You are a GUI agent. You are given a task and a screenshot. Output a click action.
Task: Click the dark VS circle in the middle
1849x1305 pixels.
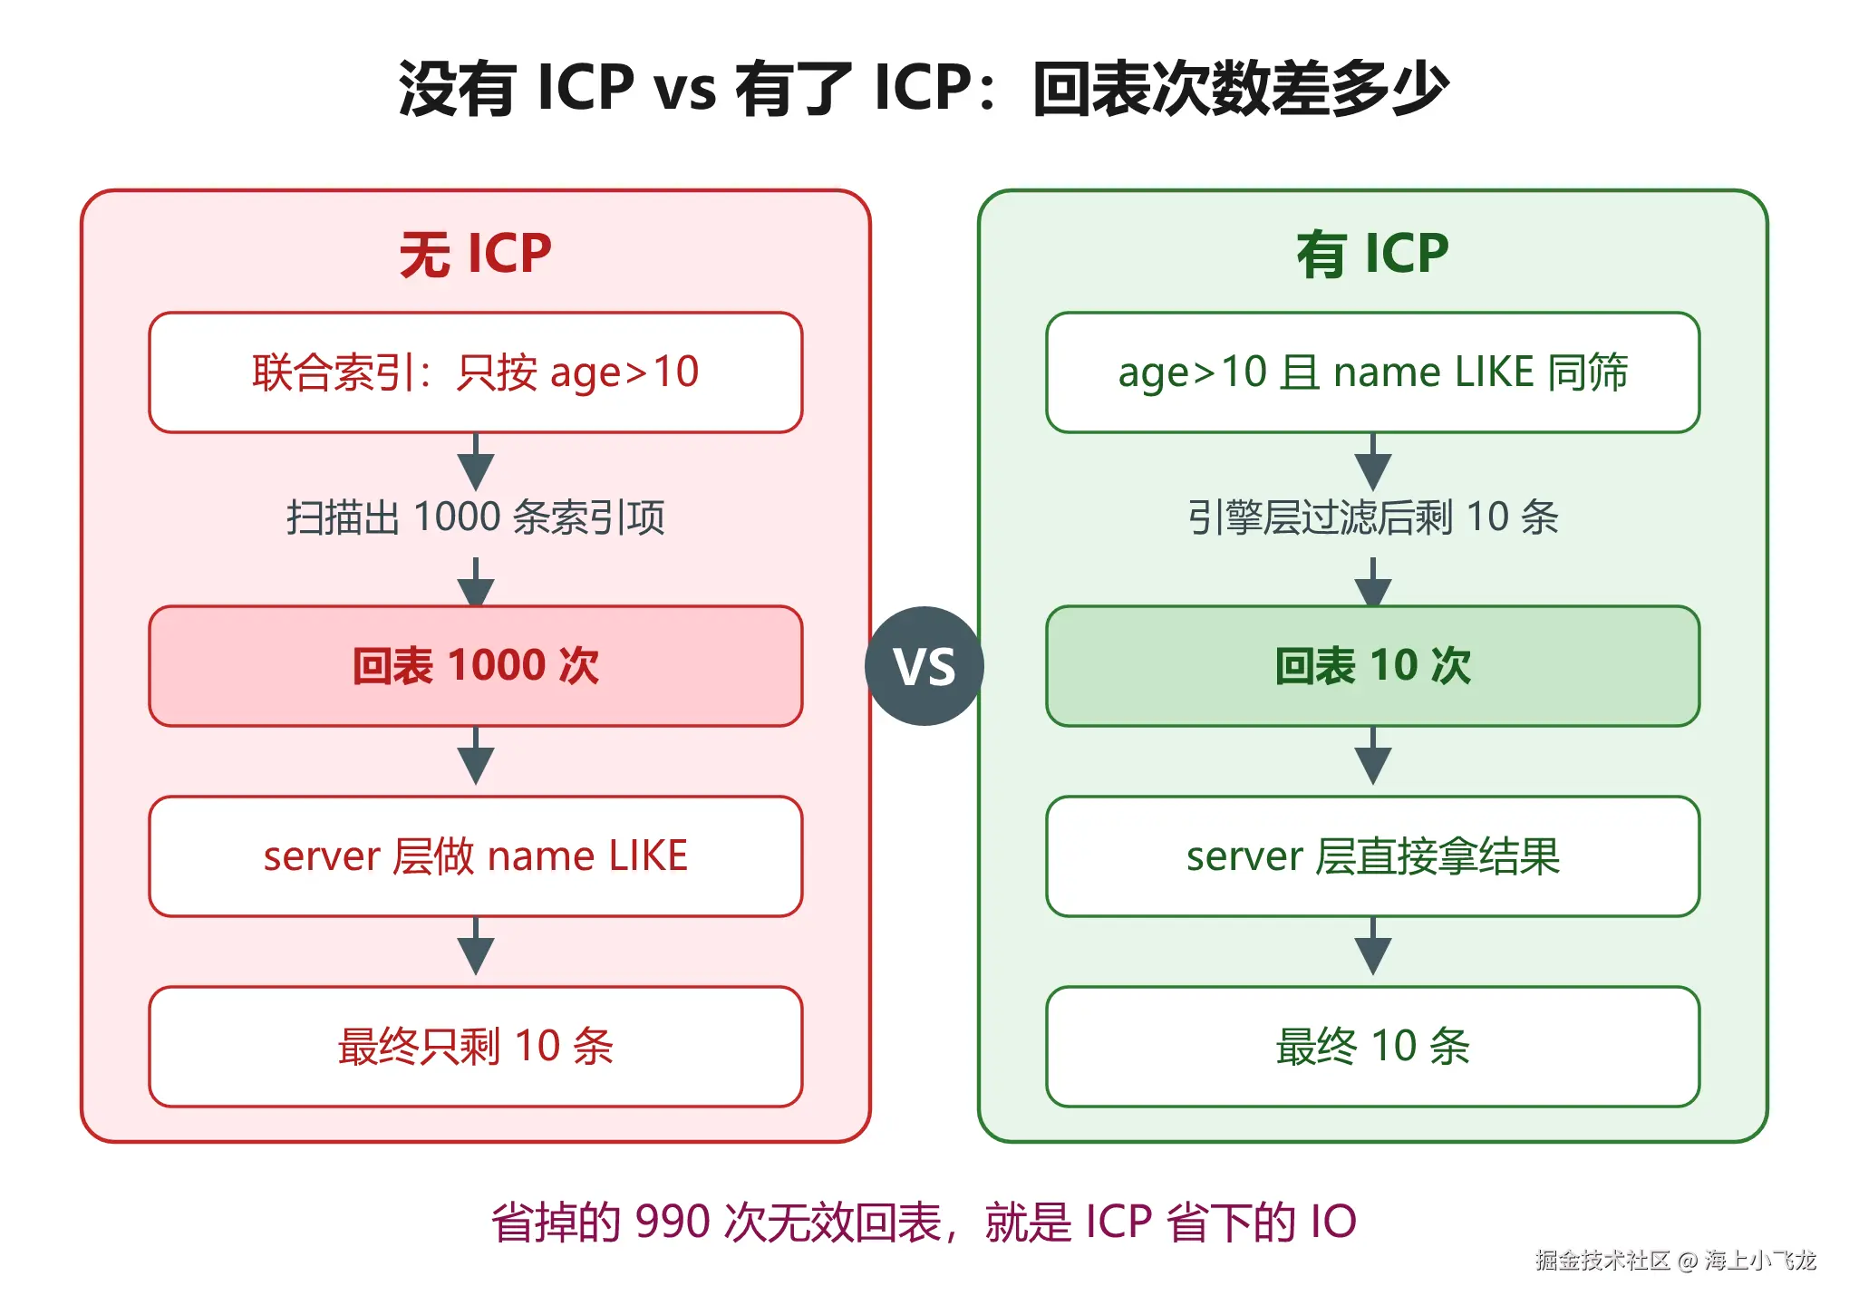pyautogui.click(x=924, y=666)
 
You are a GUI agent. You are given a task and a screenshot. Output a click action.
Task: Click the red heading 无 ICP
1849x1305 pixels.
pyautogui.click(x=476, y=254)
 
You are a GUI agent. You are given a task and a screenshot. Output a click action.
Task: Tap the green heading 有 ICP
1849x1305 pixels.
pyautogui.click(x=1373, y=254)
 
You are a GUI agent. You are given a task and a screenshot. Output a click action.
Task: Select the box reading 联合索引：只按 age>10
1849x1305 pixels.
pyautogui.click(x=476, y=372)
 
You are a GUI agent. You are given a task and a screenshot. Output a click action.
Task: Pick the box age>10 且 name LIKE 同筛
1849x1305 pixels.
pyautogui.click(x=1373, y=372)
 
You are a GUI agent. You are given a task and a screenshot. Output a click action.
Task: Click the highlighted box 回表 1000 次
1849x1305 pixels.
pyautogui.click(x=476, y=666)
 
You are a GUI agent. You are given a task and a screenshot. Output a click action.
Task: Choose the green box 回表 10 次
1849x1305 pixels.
pyautogui.click(x=1373, y=666)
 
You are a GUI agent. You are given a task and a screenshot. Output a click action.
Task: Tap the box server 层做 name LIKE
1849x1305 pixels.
pyautogui.click(x=476, y=856)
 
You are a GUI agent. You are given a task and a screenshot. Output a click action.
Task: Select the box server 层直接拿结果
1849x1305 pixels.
pyautogui.click(x=1373, y=856)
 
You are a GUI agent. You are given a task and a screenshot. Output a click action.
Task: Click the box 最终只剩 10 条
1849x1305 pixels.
pyautogui.click(x=476, y=1047)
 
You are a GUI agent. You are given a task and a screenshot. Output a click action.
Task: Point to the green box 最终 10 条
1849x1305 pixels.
pyautogui.click(x=1373, y=1047)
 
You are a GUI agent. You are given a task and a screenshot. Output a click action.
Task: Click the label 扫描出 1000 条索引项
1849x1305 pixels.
pyautogui.click(x=476, y=517)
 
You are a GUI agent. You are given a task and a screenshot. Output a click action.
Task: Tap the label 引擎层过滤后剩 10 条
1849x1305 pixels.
pyautogui.click(x=1373, y=517)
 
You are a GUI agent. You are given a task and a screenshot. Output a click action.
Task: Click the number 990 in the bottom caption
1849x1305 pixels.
pyautogui.click(x=673, y=1222)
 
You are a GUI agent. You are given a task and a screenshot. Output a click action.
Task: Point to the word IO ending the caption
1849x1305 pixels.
pyautogui.click(x=1333, y=1222)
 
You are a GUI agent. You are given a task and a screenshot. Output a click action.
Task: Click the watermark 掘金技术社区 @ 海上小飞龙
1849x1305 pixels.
pyautogui.click(x=1676, y=1261)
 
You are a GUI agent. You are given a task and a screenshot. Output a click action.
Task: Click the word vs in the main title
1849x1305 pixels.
pyautogui.click(x=685, y=89)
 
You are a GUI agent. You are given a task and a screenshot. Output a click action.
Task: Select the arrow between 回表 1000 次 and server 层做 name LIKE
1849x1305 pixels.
pyautogui.click(x=476, y=756)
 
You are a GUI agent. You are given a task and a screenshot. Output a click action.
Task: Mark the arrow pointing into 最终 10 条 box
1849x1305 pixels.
pyautogui.click(x=1373, y=946)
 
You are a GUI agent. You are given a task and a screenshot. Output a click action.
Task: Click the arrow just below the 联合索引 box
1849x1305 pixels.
pyautogui.click(x=476, y=462)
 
